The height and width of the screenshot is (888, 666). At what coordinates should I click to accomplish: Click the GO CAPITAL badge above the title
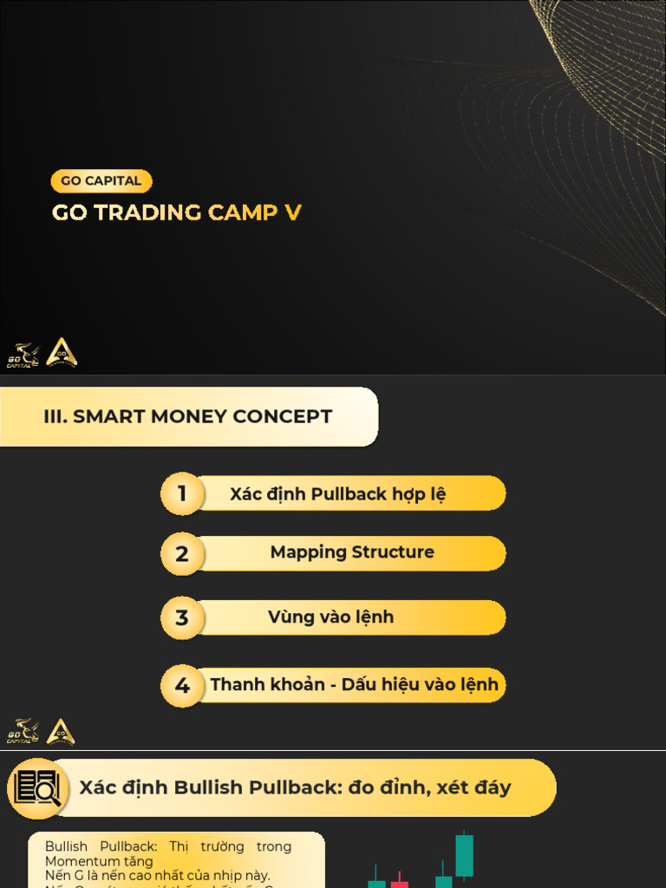coord(101,181)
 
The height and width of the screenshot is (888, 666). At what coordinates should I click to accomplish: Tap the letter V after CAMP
coord(293,212)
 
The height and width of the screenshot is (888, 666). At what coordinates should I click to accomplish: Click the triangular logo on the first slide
coord(62,352)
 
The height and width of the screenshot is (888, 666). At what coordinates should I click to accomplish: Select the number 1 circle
coord(182,494)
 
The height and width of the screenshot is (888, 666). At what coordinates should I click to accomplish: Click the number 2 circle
coord(182,554)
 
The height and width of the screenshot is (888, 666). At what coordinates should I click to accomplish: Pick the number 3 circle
coord(182,618)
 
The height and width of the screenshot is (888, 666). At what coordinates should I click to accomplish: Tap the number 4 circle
coord(182,686)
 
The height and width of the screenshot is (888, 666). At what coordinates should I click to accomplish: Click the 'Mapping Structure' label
coord(352,552)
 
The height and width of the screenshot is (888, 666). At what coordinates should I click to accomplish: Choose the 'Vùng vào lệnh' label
coord(330,617)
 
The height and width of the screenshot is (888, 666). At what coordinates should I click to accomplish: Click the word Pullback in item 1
coord(348,494)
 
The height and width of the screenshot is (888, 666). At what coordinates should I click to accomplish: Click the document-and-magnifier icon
coord(37,788)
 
